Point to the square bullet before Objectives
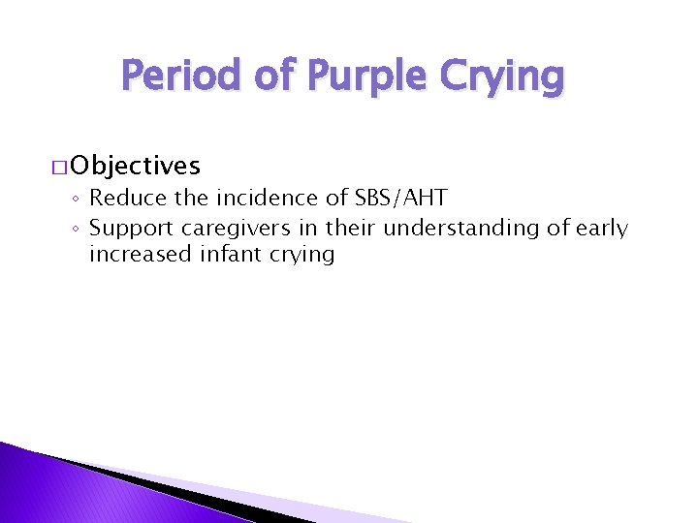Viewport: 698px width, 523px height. click(x=60, y=167)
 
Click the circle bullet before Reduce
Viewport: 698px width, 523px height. click(x=77, y=200)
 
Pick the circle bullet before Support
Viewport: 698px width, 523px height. click(x=77, y=230)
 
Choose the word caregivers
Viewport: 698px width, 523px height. click(x=232, y=229)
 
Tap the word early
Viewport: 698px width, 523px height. click(x=599, y=229)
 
